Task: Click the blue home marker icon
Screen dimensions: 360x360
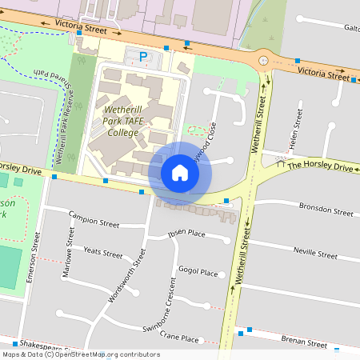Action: tap(180, 172)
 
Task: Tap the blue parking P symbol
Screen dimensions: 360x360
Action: tap(143, 57)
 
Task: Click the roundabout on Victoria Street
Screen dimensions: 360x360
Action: tap(263, 60)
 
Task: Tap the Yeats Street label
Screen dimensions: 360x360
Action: tap(102, 253)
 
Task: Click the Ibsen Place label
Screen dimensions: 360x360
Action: tap(186, 234)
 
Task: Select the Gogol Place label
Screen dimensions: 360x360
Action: tap(198, 272)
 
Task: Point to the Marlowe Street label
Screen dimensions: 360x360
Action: tap(68, 252)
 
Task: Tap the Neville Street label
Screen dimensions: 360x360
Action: tap(315, 253)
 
